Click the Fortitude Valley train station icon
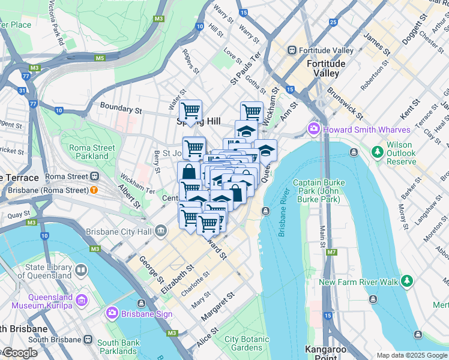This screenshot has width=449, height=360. pyautogui.click(x=292, y=50)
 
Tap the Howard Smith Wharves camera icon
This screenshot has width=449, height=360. pyautogui.click(x=313, y=130)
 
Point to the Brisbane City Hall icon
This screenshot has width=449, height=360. pyautogui.click(x=161, y=231)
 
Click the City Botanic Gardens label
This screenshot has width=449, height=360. pyautogui.click(x=243, y=343)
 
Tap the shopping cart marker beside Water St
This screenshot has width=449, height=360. pyautogui.click(x=191, y=111)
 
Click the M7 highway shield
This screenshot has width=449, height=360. pyautogui.click(x=331, y=252)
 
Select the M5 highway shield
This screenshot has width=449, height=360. pyautogui.click(x=99, y=58)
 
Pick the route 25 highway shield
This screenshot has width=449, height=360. pyautogui.click(x=333, y=23)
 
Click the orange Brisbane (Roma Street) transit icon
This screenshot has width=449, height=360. pyautogui.click(x=94, y=190)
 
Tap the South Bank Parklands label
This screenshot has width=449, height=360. pyautogui.click(x=118, y=346)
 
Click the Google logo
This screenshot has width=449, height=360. pyautogui.click(x=20, y=353)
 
